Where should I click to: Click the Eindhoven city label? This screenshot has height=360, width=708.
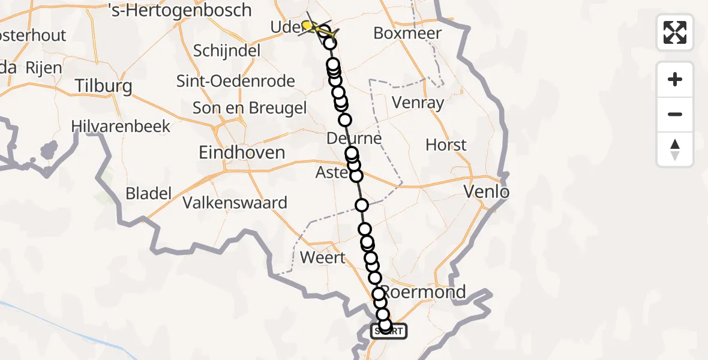[x=242, y=152]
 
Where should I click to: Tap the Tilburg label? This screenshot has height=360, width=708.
[x=103, y=86]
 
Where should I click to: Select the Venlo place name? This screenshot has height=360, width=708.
[x=487, y=192]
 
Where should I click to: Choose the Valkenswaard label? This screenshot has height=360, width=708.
[x=235, y=203]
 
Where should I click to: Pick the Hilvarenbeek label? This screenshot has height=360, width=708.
[x=121, y=127]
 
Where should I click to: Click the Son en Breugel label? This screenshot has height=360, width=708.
[x=249, y=108]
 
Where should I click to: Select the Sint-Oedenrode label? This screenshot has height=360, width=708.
[x=235, y=81]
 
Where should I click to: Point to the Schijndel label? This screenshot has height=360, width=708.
[x=227, y=50]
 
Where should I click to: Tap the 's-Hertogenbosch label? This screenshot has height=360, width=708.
[x=179, y=10]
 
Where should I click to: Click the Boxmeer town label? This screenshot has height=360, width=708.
[x=407, y=33]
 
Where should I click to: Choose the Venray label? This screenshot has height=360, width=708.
[x=418, y=103]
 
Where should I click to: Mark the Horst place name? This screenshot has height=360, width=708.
[x=446, y=145]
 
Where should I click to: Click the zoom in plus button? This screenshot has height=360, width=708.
[x=675, y=79]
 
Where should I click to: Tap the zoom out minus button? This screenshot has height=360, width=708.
[x=675, y=114]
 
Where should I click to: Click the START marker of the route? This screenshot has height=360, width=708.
[x=388, y=331]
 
